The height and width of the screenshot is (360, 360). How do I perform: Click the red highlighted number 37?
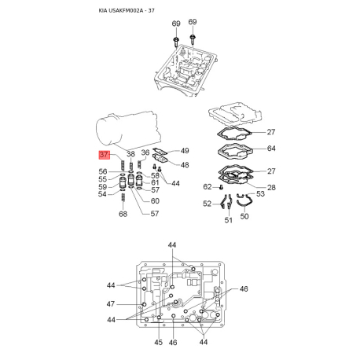click(x=104, y=155)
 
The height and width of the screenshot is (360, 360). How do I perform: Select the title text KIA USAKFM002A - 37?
click(x=127, y=10)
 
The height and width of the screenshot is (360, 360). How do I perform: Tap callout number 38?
click(x=130, y=154)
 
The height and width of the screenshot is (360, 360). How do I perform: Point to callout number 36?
click(x=145, y=152)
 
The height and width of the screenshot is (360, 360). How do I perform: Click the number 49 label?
click(x=185, y=151)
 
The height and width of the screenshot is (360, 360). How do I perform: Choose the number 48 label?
click(x=185, y=165)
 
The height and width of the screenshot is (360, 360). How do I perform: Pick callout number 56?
click(x=103, y=171)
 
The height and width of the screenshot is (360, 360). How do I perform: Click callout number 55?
click(x=103, y=179)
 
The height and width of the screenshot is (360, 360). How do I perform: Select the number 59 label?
click(x=103, y=187)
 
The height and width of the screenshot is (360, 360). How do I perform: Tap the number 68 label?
click(x=123, y=214)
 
